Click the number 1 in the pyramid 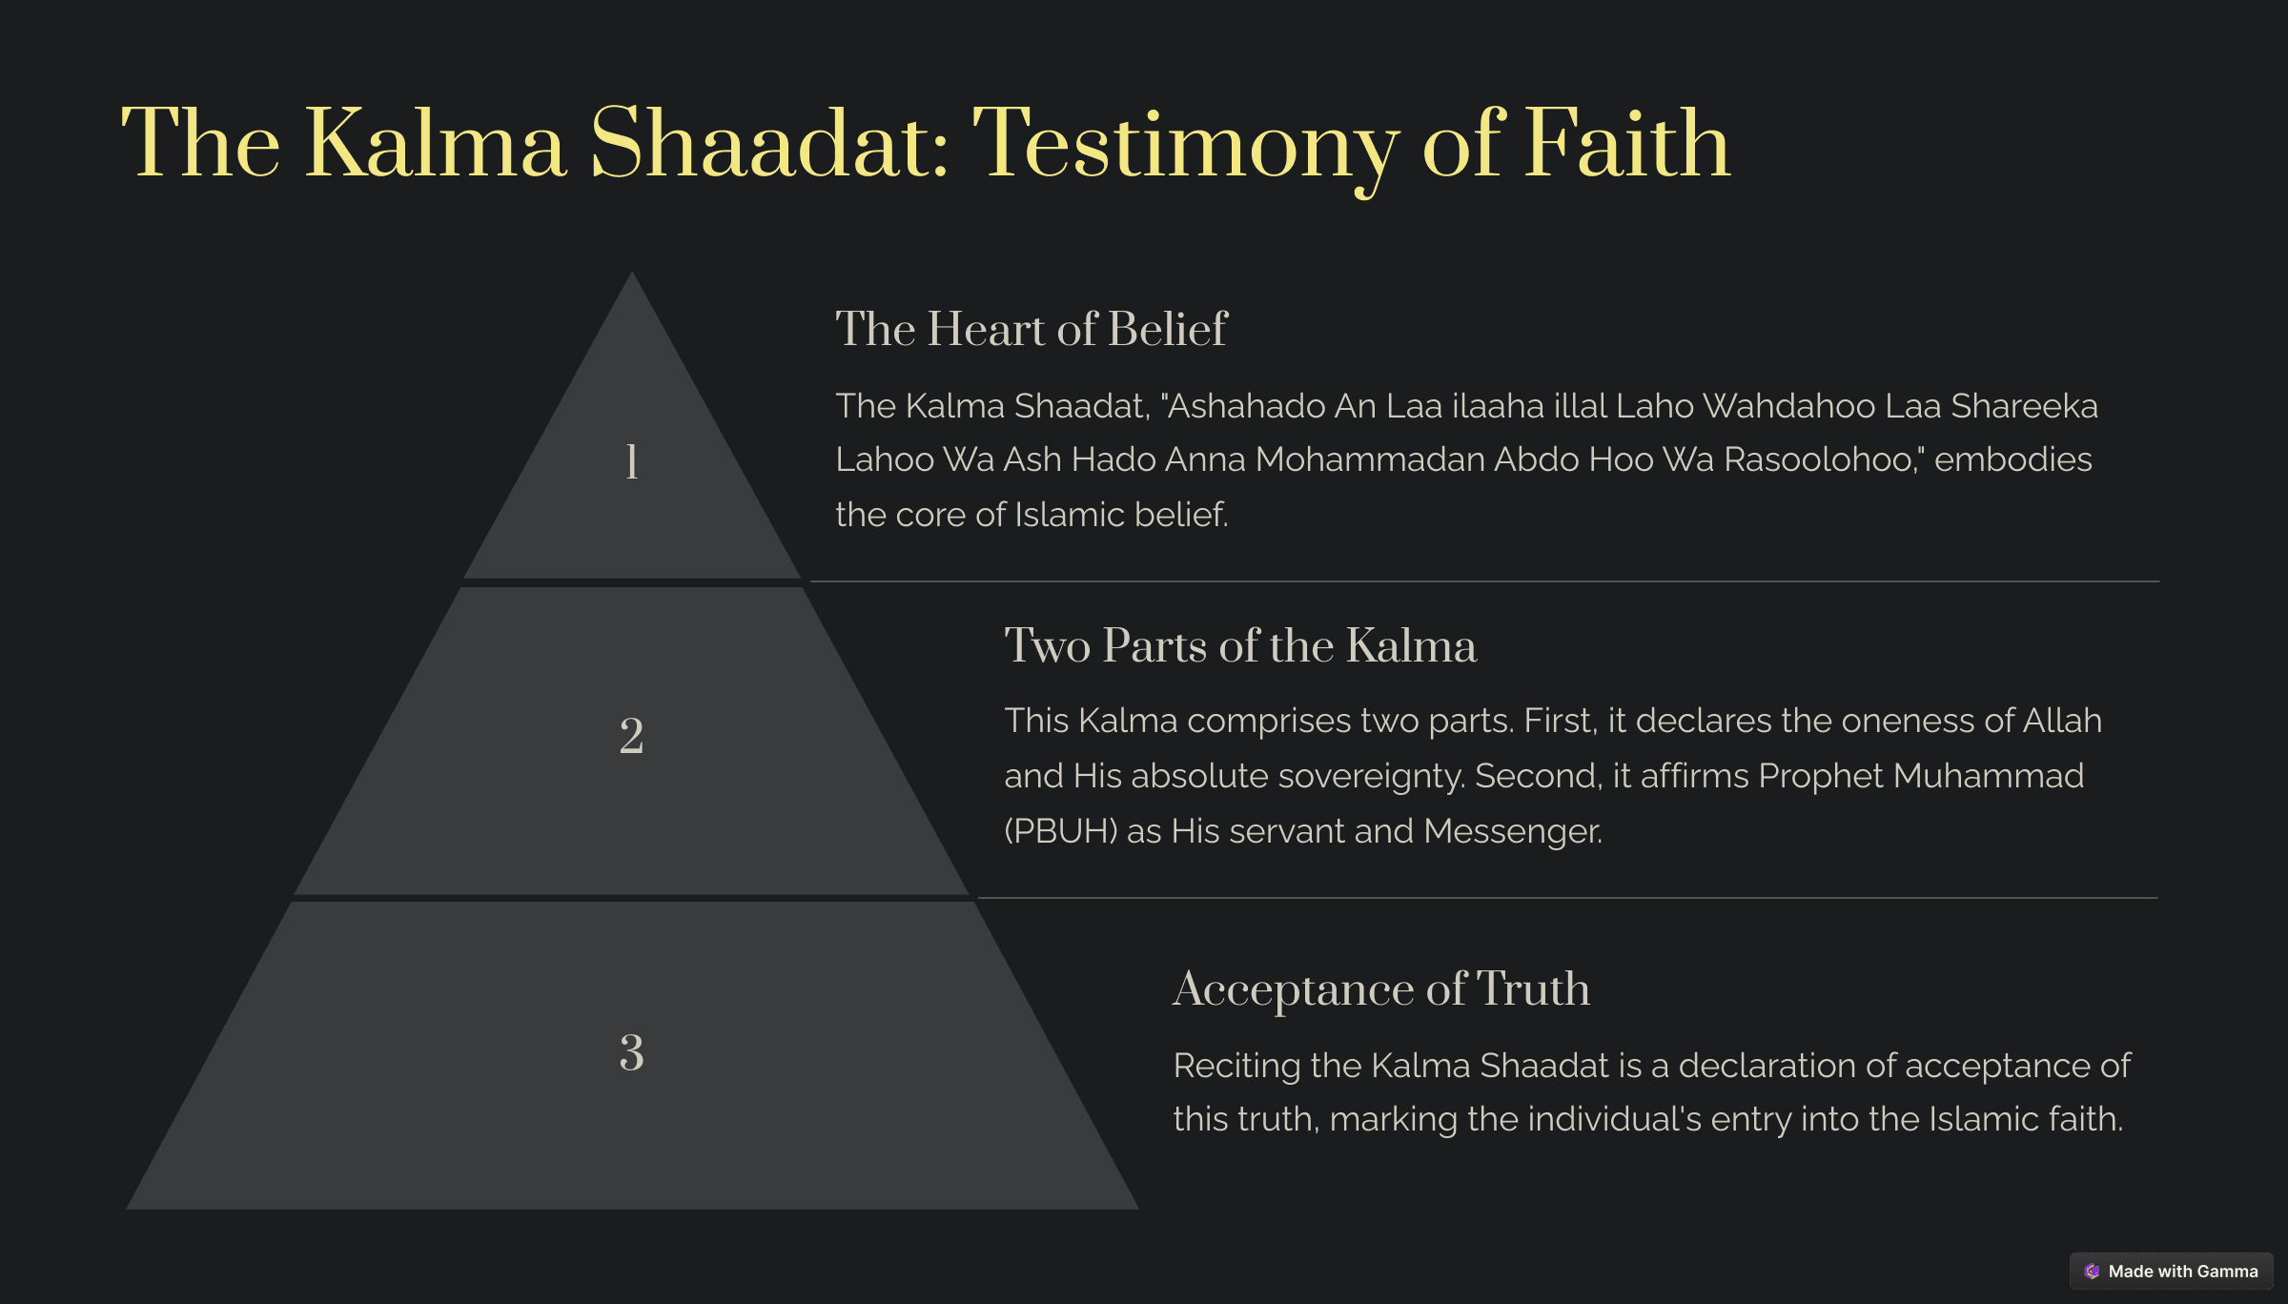click(x=631, y=461)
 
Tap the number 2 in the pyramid click(x=631, y=736)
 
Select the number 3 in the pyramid click(x=631, y=1052)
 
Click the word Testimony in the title click(x=1185, y=146)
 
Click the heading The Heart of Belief click(x=1032, y=329)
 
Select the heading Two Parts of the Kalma click(x=1240, y=645)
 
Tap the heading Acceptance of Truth click(x=1381, y=988)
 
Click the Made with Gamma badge click(x=2171, y=1271)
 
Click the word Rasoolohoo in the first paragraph click(x=1818, y=459)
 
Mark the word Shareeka click(x=2024, y=406)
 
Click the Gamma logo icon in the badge click(x=2092, y=1271)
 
